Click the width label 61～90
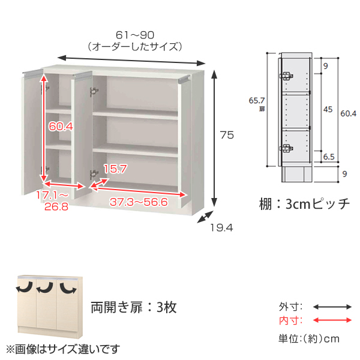(x=135, y=35)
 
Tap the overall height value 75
(x=227, y=135)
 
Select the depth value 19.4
(x=222, y=228)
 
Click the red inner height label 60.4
(x=61, y=126)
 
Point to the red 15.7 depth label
(x=115, y=169)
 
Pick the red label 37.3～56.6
(x=139, y=202)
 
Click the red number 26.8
(x=56, y=207)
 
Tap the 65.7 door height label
(x=257, y=101)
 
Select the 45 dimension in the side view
(x=328, y=109)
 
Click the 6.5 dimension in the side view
(x=329, y=157)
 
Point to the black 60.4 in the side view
(x=348, y=113)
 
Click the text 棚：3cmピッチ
(x=304, y=203)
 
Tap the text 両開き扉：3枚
(x=134, y=307)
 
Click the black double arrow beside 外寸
(x=332, y=307)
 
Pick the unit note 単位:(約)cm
(x=309, y=338)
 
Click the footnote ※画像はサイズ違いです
(x=63, y=349)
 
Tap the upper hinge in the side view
(x=286, y=76)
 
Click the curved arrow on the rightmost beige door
(x=68, y=288)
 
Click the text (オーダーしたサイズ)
(x=135, y=47)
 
